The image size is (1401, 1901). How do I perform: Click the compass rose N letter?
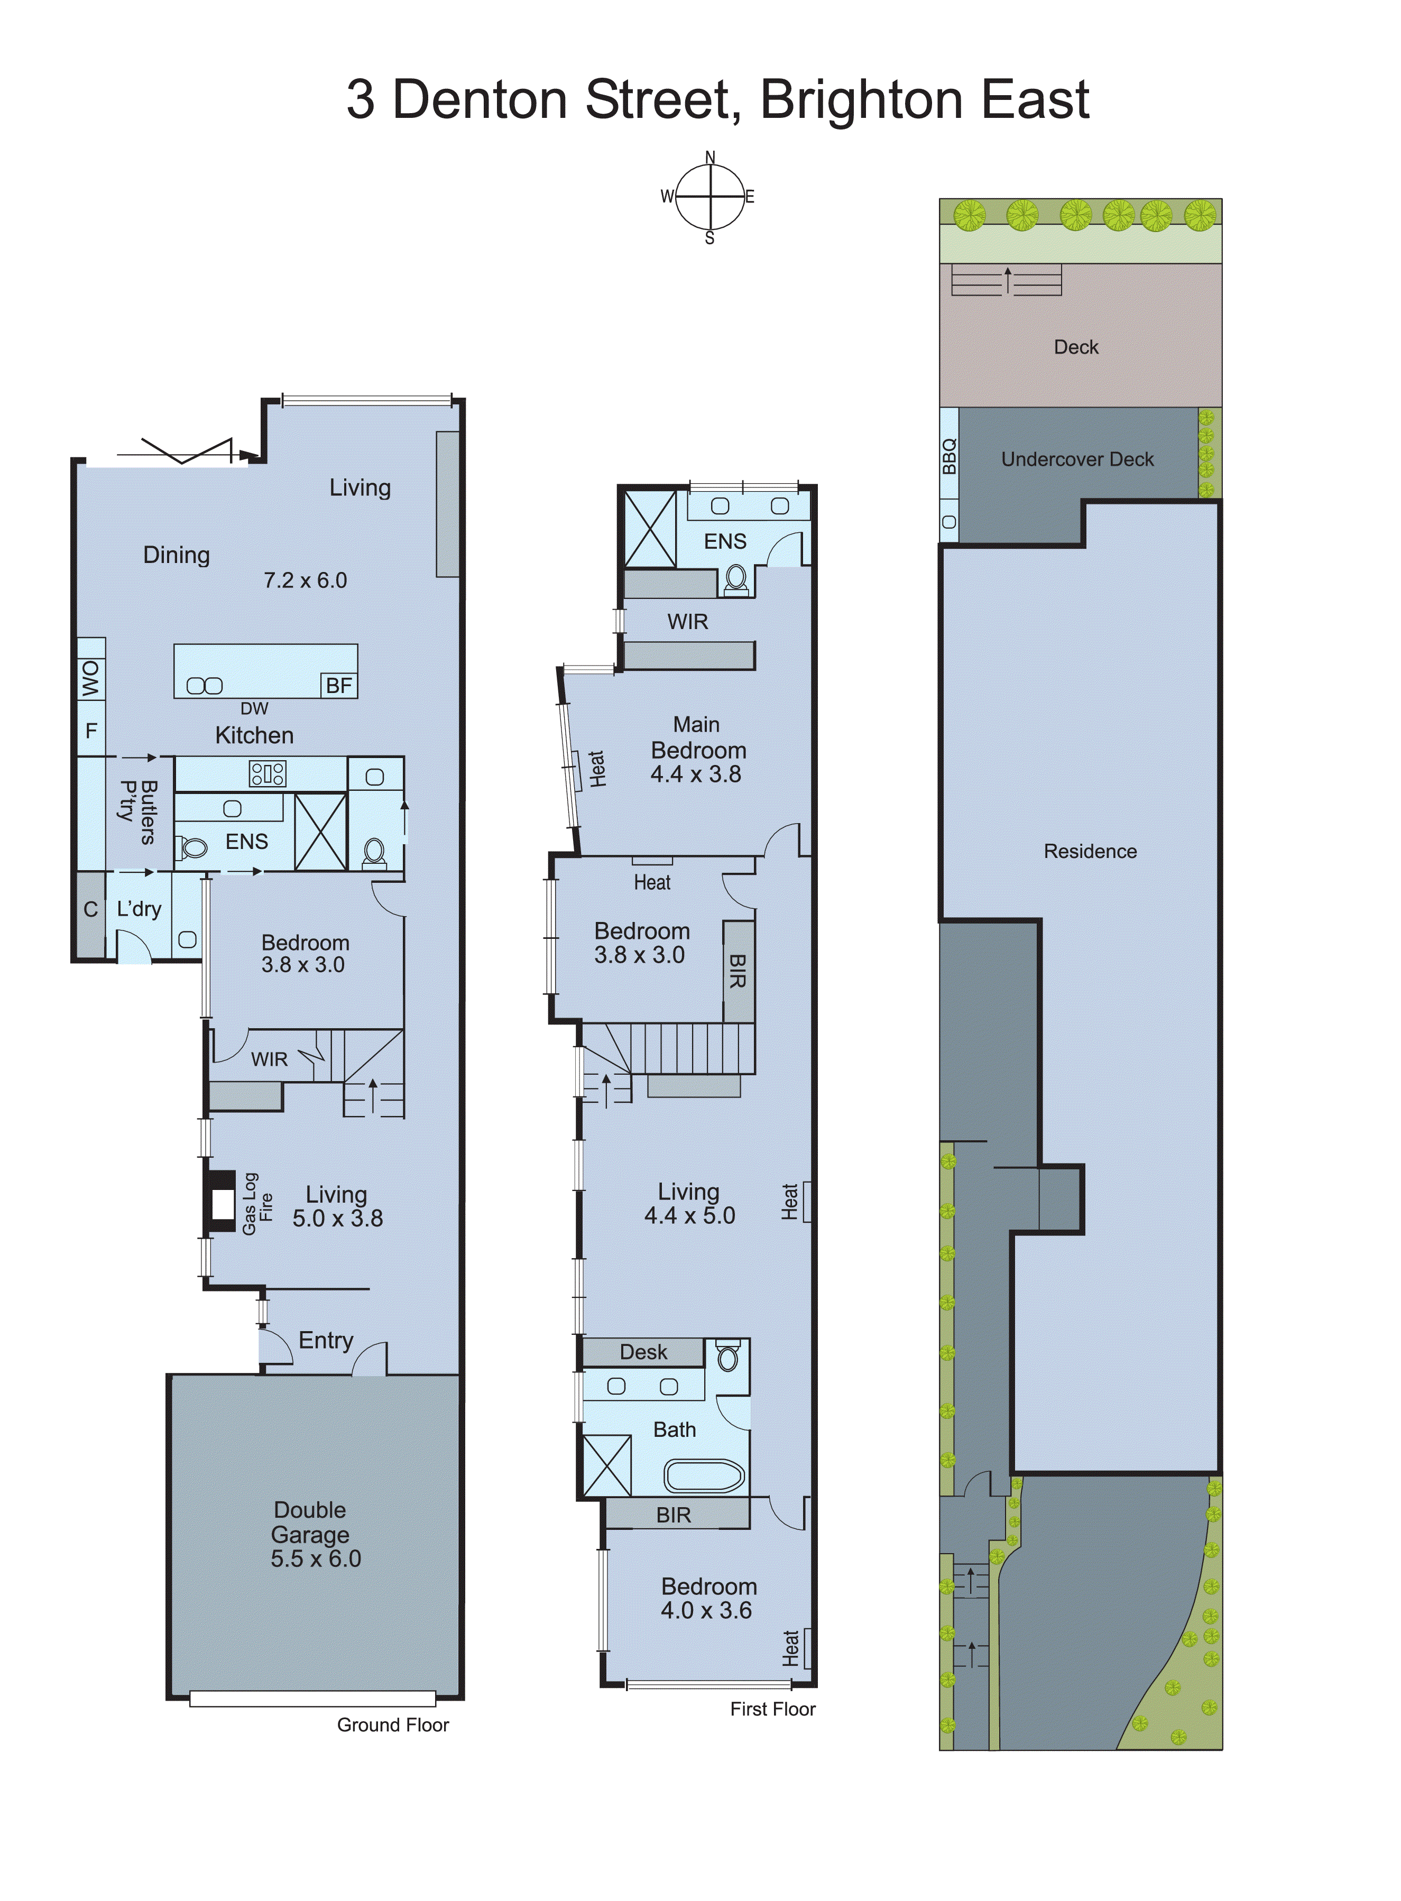710,158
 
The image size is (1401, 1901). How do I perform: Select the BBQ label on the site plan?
949,456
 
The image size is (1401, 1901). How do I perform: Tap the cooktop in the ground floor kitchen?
267,773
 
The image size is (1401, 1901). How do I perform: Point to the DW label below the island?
254,709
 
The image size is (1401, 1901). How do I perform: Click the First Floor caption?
772,1710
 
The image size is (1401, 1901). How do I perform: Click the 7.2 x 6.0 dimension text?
305,581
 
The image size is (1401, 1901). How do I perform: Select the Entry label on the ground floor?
326,1341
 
